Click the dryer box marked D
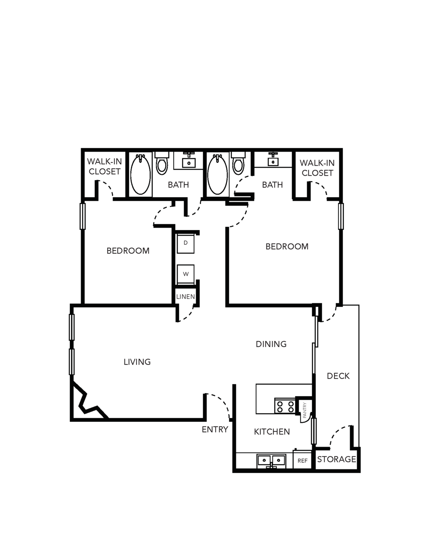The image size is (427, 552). pos(185,244)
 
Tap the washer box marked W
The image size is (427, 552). pos(186,274)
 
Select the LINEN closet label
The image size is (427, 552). pos(186,296)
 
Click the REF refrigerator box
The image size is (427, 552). pos(302,461)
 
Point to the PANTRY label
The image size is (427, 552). pos(305,410)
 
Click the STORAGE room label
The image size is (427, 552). pos(336,459)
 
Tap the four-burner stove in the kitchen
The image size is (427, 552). pos(285,407)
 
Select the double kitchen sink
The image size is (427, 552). pos(271,461)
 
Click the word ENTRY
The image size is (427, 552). pos(215,429)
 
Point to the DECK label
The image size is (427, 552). pos(338,376)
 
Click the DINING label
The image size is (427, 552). pos(271,344)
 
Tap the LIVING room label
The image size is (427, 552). pos(137,362)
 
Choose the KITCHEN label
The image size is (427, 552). pos(272,432)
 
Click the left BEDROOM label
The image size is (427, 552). pos(128,251)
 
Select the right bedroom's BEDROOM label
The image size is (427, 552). pos(287,246)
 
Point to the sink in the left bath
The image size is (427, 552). pos(188,161)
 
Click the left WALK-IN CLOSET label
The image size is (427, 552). pos(105,167)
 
